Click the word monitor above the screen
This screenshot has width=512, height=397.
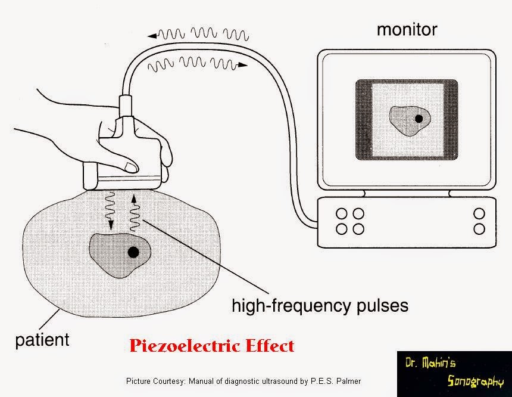pyautogui.click(x=406, y=29)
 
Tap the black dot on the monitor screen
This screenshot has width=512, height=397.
pyautogui.click(x=419, y=119)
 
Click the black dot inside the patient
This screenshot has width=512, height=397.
pyautogui.click(x=133, y=252)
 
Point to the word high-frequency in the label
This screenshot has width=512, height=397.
pyautogui.click(x=283, y=306)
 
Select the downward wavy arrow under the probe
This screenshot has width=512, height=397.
pyautogui.click(x=110, y=209)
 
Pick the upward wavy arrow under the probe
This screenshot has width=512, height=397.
pyautogui.click(x=135, y=210)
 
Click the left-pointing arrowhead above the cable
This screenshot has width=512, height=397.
pyautogui.click(x=152, y=36)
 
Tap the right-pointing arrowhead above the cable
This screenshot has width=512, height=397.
pyautogui.click(x=246, y=63)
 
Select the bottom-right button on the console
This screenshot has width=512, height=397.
pyautogui.click(x=479, y=228)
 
